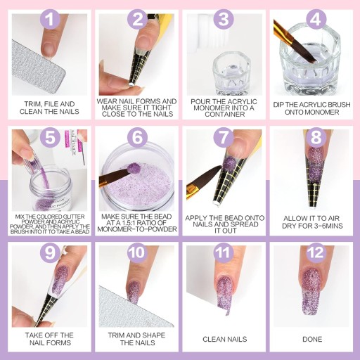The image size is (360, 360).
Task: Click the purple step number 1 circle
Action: (x=51, y=19)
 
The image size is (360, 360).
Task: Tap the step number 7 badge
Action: (x=224, y=137)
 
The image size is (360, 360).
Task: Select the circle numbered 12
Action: (x=316, y=253)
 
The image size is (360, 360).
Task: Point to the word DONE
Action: (x=312, y=339)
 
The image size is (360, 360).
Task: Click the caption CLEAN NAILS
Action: (x=225, y=339)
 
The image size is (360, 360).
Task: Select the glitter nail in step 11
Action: (x=224, y=293)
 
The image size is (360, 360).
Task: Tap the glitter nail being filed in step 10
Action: (x=133, y=292)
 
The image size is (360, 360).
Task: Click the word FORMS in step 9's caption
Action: (x=60, y=342)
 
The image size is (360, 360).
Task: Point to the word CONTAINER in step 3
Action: (x=225, y=114)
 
